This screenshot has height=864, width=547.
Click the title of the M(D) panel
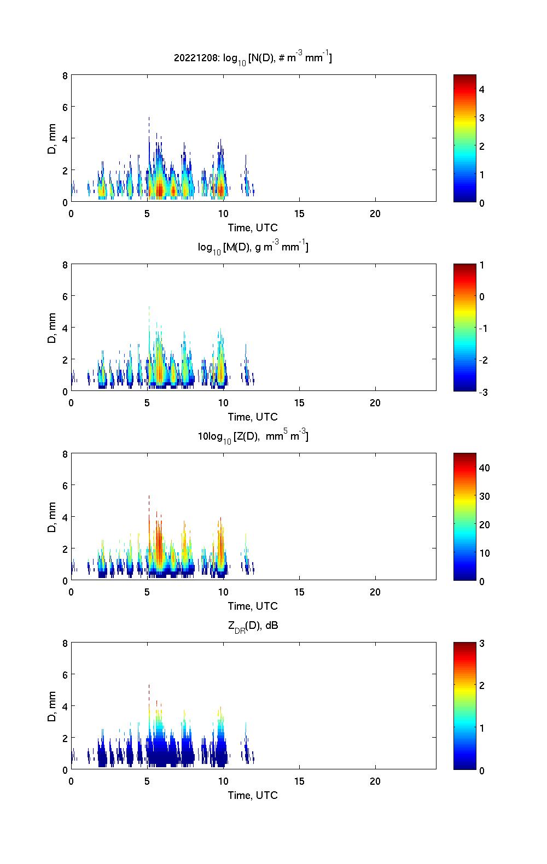253,247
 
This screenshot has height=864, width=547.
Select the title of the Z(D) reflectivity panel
253,436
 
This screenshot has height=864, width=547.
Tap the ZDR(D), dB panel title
253,626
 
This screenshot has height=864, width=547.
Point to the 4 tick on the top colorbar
482,89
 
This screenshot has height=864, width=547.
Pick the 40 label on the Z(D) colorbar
485,468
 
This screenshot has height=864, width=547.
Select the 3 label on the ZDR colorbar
482,644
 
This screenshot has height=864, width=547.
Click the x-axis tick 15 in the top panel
299,214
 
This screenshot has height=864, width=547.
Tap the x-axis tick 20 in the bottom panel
375,781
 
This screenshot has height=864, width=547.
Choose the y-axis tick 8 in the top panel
65,75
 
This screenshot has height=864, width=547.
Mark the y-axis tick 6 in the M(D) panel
65,296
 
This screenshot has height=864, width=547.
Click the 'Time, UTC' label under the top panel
253,227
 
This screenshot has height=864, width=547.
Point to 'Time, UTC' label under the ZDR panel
253,795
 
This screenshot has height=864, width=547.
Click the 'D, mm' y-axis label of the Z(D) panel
53,516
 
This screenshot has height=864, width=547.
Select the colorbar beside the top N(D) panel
464,138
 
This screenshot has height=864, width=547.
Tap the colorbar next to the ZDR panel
464,706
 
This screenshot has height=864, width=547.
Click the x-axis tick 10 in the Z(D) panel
223,592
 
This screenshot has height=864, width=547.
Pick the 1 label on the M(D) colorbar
482,265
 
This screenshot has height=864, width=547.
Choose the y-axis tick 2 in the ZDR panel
65,738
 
